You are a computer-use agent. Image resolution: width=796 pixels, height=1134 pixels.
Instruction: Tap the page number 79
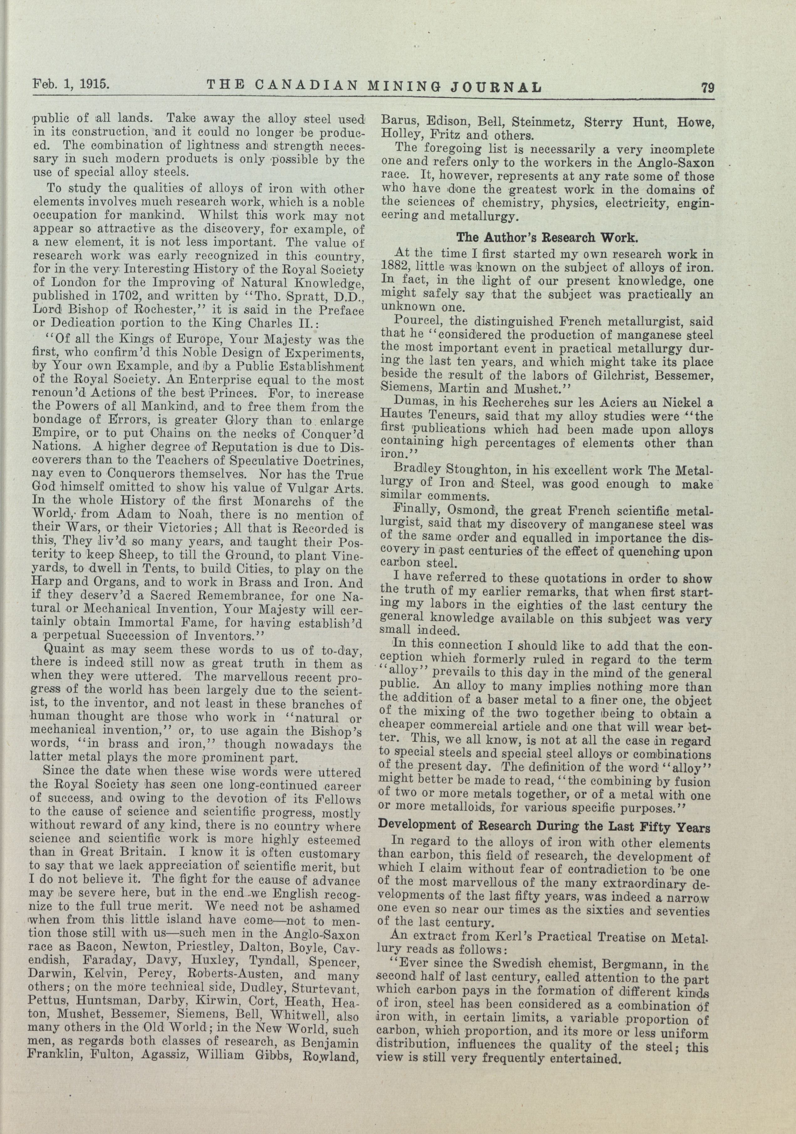(707, 87)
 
